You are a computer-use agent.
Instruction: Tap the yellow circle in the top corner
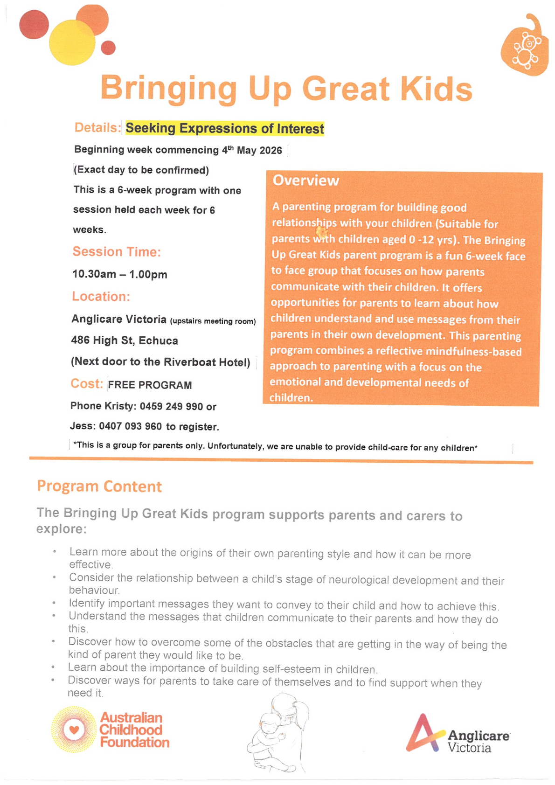pos(72,42)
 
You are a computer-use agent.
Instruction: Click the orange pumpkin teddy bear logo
pos(525,47)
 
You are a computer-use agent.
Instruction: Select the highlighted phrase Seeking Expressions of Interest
pos(224,128)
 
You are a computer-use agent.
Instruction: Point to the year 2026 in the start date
pos(271,150)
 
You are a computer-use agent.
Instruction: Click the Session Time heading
pos(117,252)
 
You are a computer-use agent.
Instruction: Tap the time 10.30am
pos(94,274)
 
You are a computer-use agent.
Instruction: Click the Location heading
pos(101,297)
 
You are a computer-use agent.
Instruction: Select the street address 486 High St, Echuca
pos(125,340)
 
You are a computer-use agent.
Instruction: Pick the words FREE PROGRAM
pos(150,385)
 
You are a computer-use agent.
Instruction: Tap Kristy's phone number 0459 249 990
pos(171,406)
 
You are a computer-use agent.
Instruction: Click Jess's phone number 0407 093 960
pos(130,426)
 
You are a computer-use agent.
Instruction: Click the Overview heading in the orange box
pos(306,181)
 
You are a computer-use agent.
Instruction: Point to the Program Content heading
pos(99,486)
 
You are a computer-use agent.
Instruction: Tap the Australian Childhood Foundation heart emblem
pos(74,729)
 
